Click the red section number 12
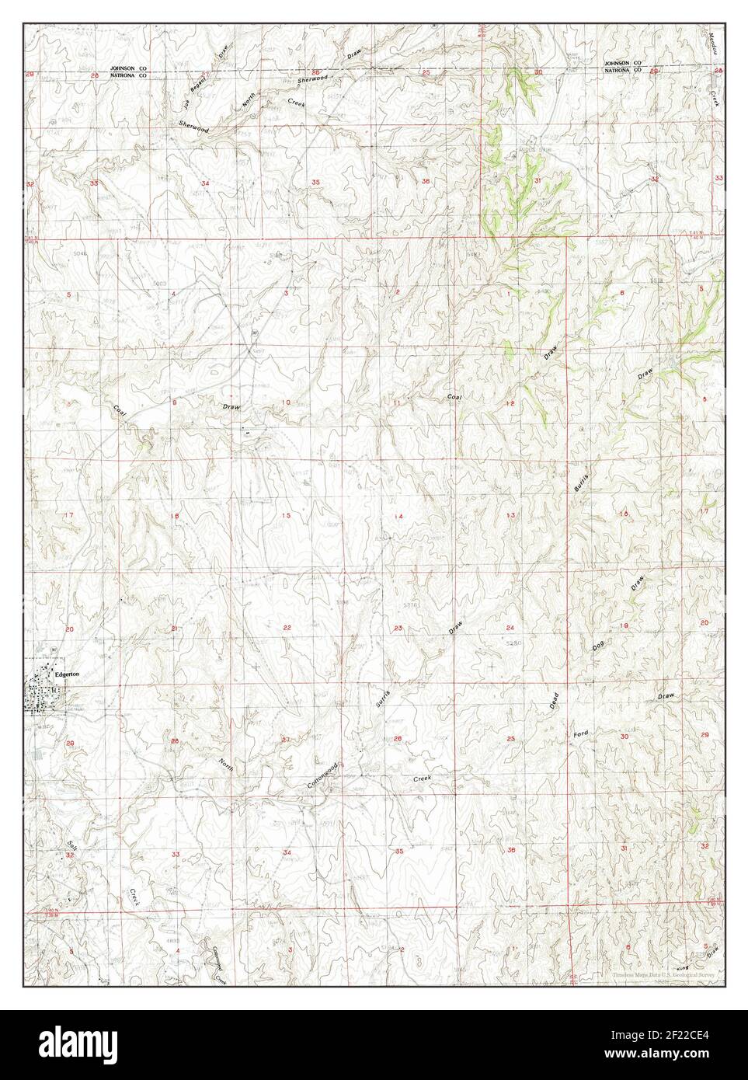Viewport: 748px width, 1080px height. coord(510,404)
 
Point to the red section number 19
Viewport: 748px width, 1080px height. coord(623,626)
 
